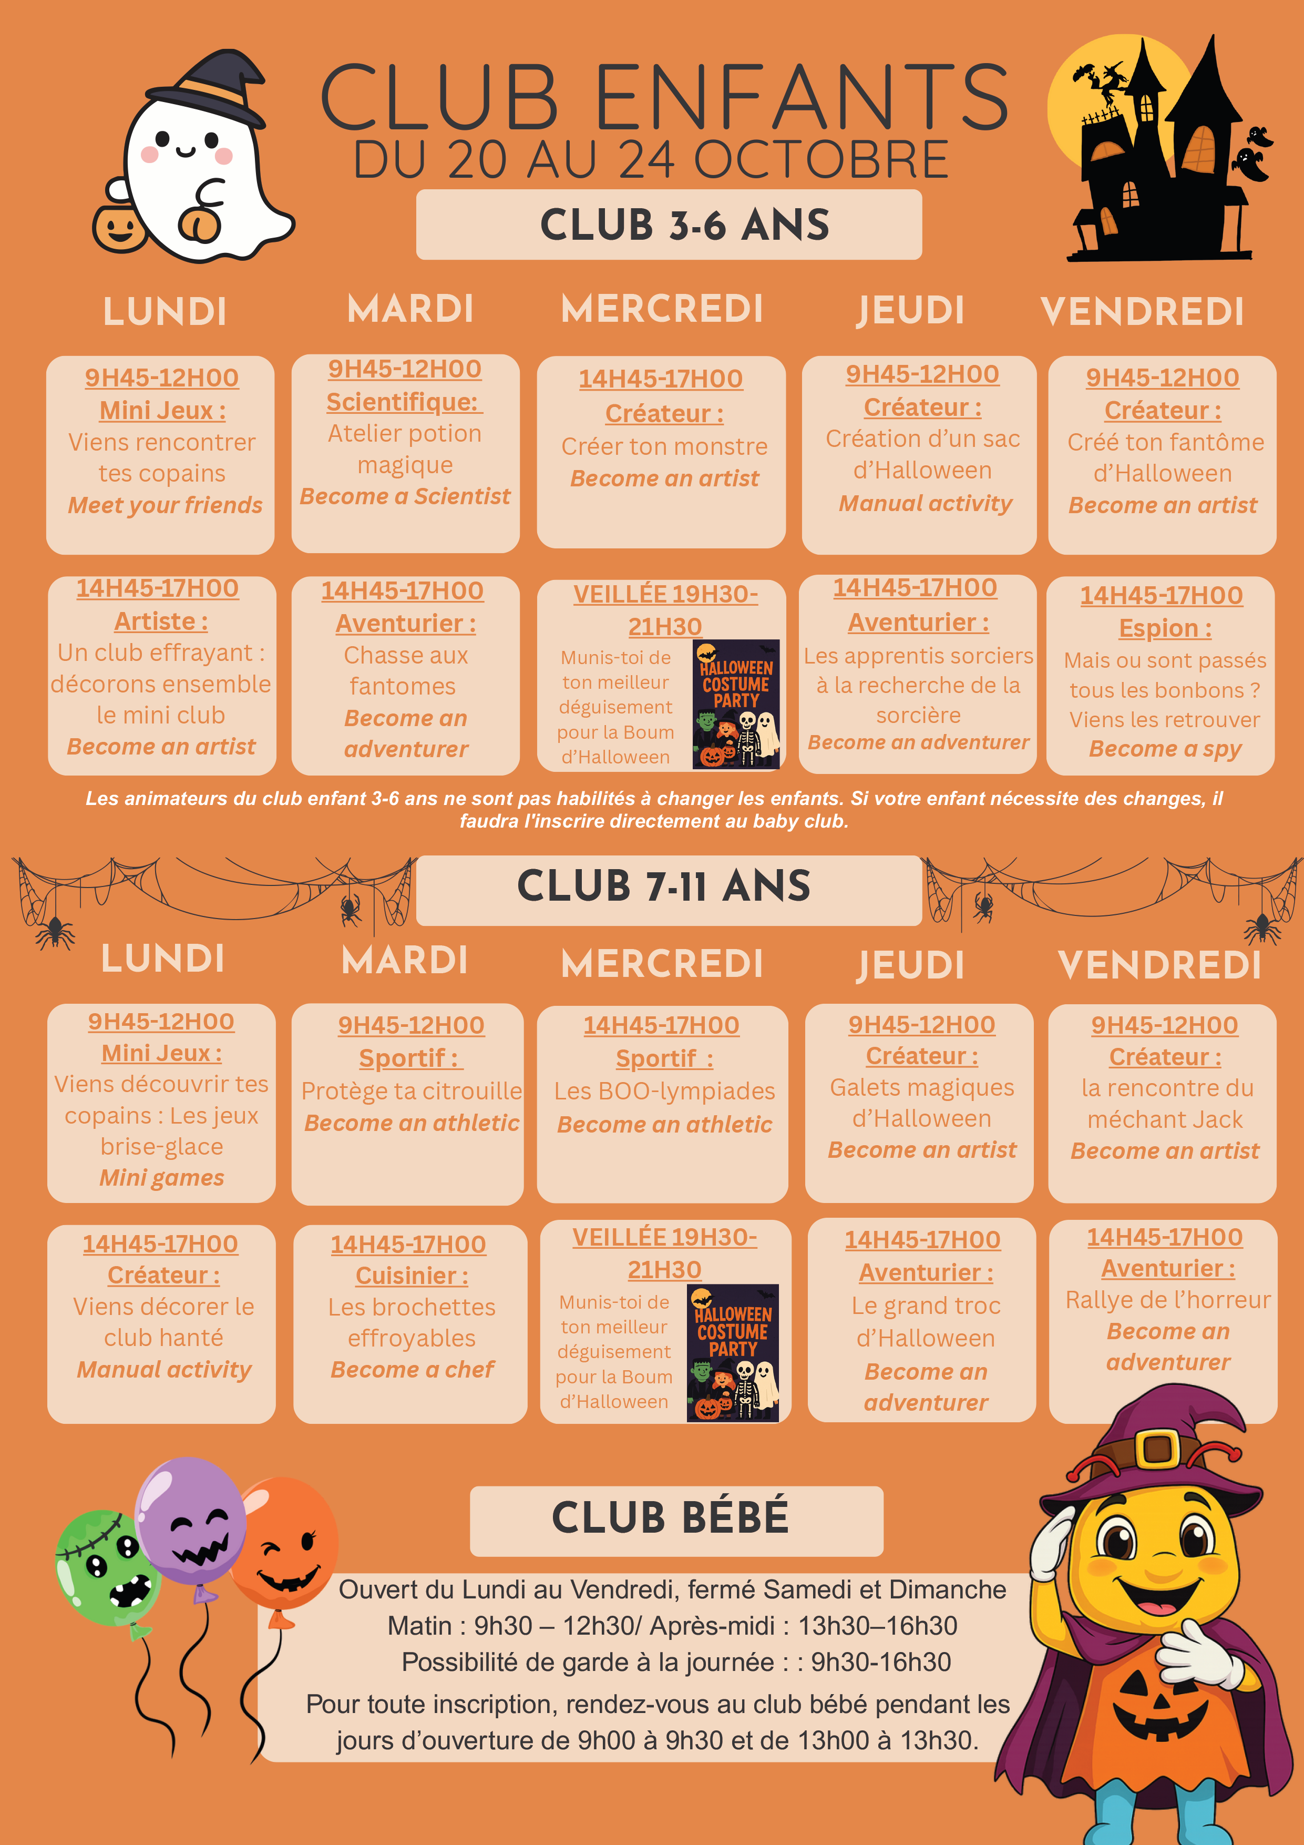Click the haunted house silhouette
click(x=1165, y=157)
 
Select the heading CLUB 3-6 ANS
click(x=684, y=225)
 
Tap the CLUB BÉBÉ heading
click(x=670, y=1517)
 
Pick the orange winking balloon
click(x=285, y=1543)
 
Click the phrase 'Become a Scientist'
click(x=405, y=496)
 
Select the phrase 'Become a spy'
click(x=1165, y=749)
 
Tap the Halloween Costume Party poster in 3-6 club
click(x=736, y=704)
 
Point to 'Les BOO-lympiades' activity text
click(x=664, y=1091)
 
